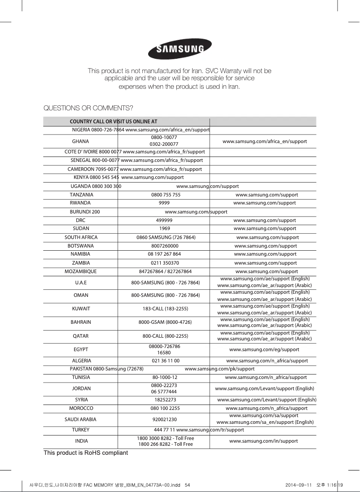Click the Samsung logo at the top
(x=180, y=49)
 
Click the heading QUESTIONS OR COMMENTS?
(x=88, y=108)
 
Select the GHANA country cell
(x=80, y=141)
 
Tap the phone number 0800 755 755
(x=166, y=195)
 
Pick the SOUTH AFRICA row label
(x=81, y=237)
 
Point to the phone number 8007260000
(x=165, y=246)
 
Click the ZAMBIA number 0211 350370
(x=165, y=263)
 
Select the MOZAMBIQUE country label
(x=80, y=271)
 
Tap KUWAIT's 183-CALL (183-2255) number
(x=165, y=309)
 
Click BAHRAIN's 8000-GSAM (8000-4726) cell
(x=165, y=322)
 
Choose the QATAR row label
(x=80, y=336)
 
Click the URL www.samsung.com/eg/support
(x=264, y=349)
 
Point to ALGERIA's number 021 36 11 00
(x=166, y=361)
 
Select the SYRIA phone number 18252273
(x=165, y=399)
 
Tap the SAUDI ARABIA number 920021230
(x=164, y=419)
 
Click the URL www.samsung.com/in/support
(x=263, y=441)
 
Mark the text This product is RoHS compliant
(x=86, y=453)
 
